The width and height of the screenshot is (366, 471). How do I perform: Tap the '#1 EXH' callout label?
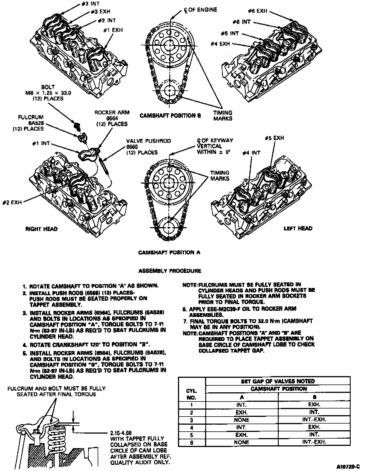pos(113,30)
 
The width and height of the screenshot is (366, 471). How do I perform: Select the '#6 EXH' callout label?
pos(257,11)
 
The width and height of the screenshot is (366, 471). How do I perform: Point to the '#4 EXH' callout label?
pos(220,44)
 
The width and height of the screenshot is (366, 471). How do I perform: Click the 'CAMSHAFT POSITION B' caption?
pos(170,116)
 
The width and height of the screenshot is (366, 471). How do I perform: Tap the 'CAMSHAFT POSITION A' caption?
pos(169,253)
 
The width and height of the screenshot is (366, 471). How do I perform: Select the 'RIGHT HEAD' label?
pos(42,229)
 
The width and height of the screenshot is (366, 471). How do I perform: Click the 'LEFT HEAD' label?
pos(298,229)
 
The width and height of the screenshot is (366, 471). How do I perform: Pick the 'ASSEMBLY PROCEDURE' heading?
pos(170,271)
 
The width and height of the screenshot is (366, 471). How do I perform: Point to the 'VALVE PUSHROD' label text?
pos(148,141)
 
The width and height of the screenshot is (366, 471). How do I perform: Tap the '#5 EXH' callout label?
pos(274,138)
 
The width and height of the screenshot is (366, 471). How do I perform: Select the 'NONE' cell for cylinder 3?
pos(242,420)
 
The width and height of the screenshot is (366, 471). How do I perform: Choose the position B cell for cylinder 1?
pos(314,405)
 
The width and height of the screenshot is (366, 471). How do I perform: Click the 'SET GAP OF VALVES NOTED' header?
pos(278,381)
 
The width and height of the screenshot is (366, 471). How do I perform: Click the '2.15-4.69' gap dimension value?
pos(121,433)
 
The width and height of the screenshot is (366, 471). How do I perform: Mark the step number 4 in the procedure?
pos(25,344)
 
